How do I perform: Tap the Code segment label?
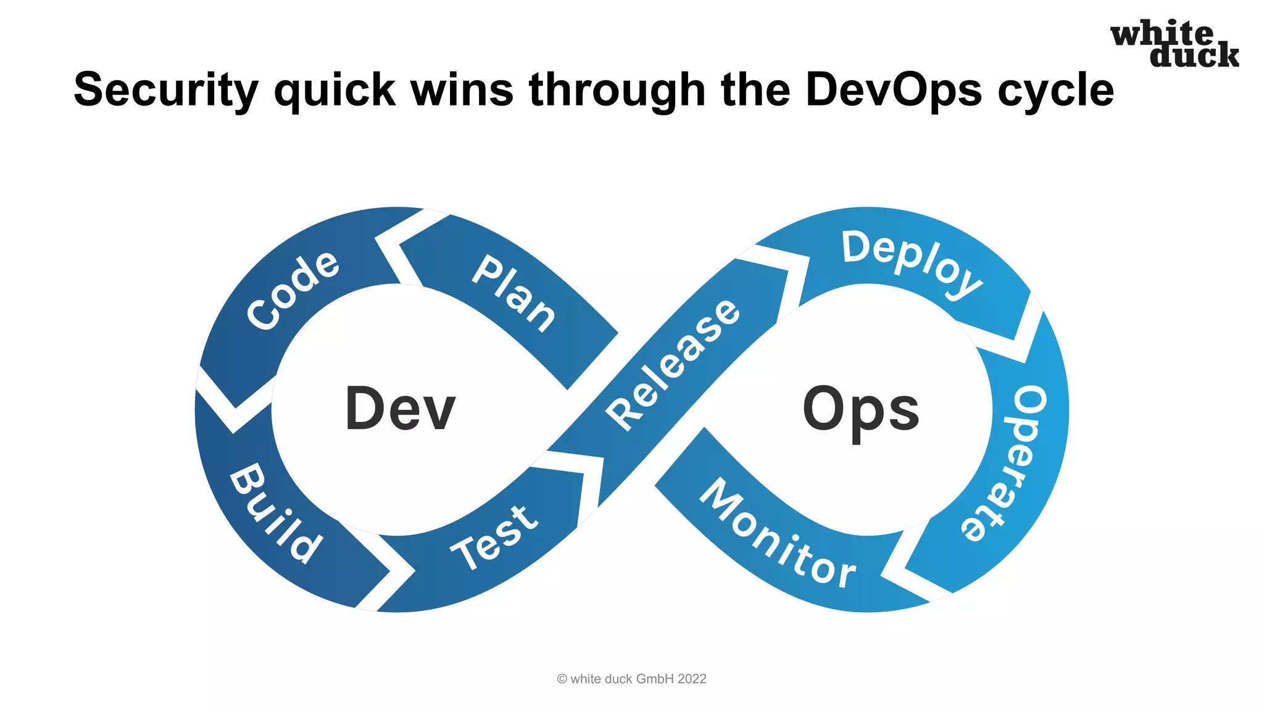point(293,290)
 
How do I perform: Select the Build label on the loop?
point(275,513)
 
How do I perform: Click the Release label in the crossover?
point(673,365)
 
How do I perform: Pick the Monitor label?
point(778,534)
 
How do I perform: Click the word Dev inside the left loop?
point(400,409)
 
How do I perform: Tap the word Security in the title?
point(165,90)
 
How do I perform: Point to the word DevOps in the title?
point(893,90)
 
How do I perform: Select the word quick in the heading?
point(334,90)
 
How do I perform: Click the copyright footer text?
point(631,679)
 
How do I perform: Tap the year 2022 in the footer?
point(692,679)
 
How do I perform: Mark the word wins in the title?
point(462,90)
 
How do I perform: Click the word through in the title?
point(617,90)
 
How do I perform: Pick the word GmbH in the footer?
point(655,679)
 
